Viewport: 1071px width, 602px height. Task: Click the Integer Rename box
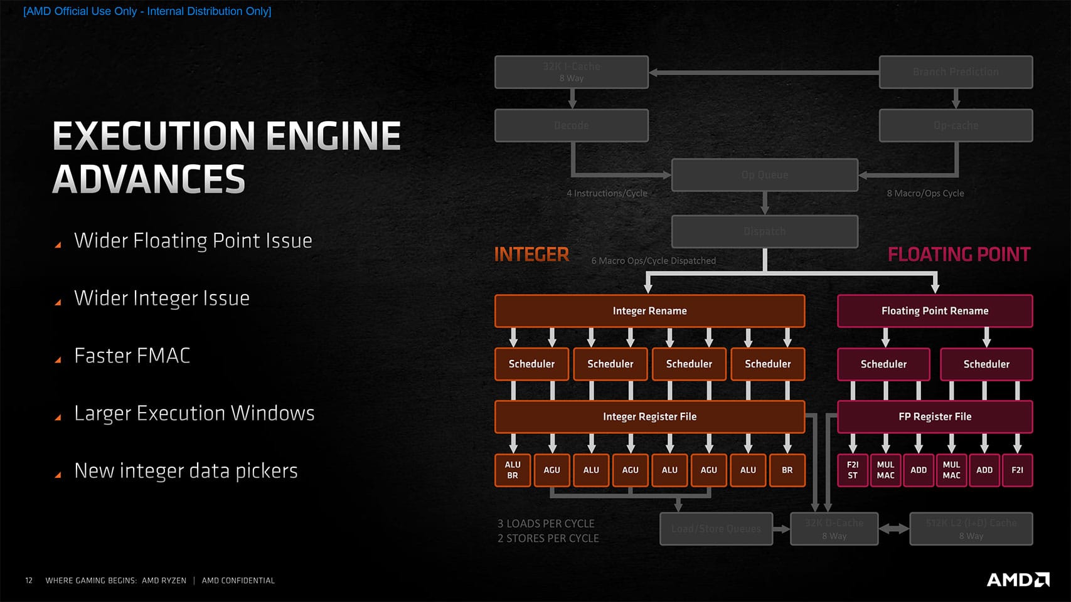[649, 311]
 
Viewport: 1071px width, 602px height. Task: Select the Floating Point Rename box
[935, 311]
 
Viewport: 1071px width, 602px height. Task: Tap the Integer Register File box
[649, 416]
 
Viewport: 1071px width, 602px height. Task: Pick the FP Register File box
[935, 416]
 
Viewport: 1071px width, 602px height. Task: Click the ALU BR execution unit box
[513, 470]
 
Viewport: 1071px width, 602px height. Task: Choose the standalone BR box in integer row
[787, 470]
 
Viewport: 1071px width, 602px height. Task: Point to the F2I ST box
[853, 470]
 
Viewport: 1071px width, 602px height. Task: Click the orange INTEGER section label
[531, 255]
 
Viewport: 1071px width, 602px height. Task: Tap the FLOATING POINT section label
[959, 255]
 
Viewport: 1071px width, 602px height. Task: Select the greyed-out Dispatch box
[764, 231]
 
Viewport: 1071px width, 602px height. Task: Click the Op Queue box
[764, 175]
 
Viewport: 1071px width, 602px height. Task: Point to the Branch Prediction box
[956, 72]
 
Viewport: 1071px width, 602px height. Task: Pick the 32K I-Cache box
[571, 72]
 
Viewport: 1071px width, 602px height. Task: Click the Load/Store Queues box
[716, 529]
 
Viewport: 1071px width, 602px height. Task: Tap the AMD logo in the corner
[1018, 579]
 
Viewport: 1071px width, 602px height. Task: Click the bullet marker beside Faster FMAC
[58, 360]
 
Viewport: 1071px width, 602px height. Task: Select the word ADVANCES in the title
[149, 179]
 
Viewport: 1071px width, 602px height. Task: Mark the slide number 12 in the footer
[29, 581]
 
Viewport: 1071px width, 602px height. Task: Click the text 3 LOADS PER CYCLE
[546, 524]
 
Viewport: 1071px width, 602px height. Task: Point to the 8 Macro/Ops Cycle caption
[925, 193]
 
